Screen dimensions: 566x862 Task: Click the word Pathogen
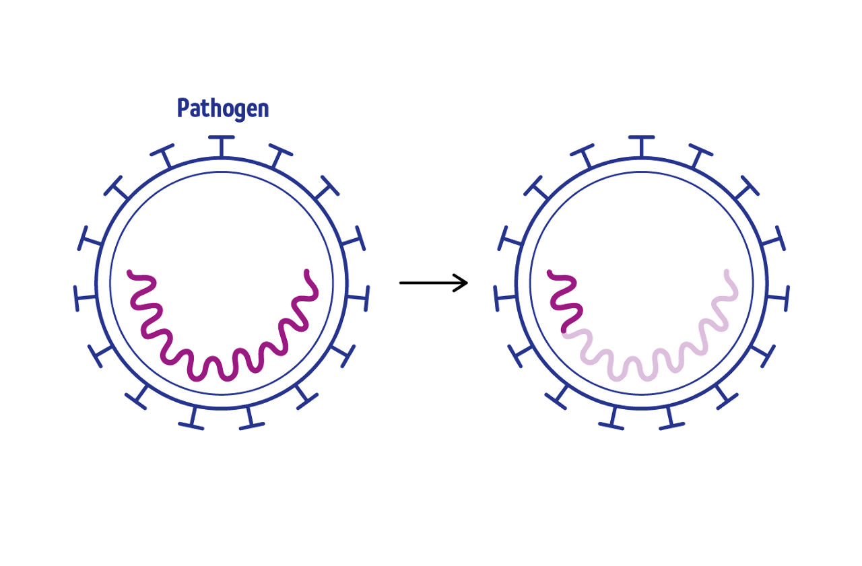(223, 109)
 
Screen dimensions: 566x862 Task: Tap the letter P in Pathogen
(183, 108)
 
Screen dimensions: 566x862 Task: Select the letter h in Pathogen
(215, 108)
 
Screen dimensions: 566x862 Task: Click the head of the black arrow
(465, 283)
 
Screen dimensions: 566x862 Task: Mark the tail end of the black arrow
(401, 283)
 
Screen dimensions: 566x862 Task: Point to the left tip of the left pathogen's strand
(130, 273)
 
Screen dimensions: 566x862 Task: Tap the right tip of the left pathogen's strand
(307, 273)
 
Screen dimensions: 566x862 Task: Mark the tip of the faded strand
(727, 273)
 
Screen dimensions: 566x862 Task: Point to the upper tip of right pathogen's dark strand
(550, 273)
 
